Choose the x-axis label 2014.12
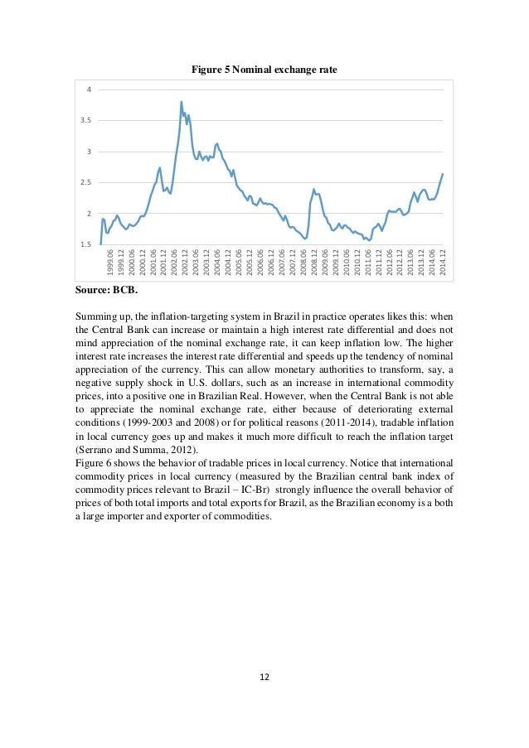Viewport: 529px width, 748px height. coord(444,263)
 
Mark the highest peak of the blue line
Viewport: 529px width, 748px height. coord(181,102)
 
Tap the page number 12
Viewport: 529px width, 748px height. coord(264,676)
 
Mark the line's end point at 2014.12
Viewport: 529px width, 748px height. coord(443,174)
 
